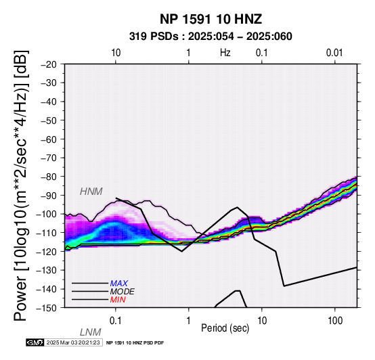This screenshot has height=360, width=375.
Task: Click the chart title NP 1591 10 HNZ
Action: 211,19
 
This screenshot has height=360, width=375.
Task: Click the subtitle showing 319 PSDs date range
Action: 211,37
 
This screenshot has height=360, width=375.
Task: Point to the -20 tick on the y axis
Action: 49,64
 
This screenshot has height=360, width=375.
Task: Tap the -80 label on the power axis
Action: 49,177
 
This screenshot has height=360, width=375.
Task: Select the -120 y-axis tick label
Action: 47,252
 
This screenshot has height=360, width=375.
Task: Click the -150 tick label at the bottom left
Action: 47,308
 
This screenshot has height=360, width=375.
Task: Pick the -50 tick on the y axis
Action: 49,120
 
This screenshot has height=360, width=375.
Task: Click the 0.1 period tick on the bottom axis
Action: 115,321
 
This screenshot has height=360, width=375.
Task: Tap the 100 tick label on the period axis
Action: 335,321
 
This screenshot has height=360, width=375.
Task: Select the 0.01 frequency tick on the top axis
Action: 334,53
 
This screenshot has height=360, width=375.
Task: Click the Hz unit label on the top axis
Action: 225,53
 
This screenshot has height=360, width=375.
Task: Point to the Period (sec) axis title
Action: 225,328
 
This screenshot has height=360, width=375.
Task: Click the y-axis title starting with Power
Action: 20,185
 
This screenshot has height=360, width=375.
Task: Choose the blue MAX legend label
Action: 119,284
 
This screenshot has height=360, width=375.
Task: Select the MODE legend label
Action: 123,292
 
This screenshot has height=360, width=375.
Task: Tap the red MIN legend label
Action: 118,300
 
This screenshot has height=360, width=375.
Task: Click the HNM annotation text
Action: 91,192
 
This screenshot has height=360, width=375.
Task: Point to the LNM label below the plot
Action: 91,332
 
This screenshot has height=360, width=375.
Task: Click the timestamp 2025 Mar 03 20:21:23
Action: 73,342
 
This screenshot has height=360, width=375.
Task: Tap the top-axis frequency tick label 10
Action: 116,53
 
